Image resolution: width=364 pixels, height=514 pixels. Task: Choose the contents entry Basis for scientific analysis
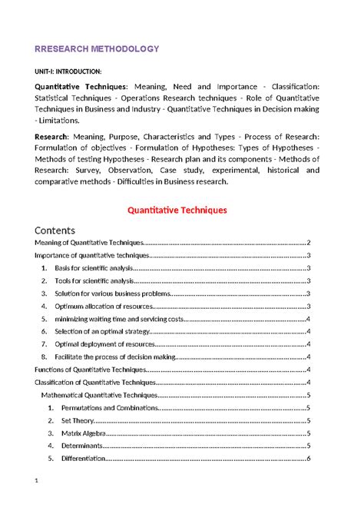coord(93,268)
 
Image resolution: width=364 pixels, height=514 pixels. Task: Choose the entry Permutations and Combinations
coord(104,408)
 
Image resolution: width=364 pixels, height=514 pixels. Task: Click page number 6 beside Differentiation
coord(308,459)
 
